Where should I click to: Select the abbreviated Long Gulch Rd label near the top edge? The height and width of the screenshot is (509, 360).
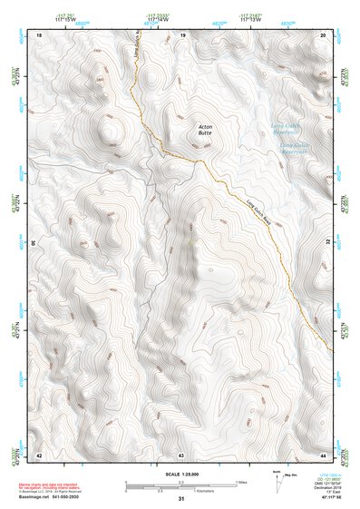(x=137, y=60)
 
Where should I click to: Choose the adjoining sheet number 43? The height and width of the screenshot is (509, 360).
(x=181, y=454)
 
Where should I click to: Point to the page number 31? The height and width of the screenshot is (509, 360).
(x=181, y=499)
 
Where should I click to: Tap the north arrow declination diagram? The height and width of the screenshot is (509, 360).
(x=277, y=481)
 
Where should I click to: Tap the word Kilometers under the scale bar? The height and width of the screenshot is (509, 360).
(x=180, y=492)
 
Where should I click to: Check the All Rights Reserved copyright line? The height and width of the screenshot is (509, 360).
(x=54, y=491)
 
